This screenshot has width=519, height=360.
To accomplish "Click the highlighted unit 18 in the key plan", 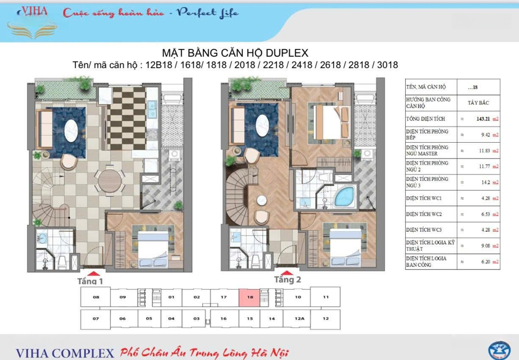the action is click(250, 298).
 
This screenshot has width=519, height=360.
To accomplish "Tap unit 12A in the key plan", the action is click(299, 319).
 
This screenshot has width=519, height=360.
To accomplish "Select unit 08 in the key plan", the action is click(96, 297).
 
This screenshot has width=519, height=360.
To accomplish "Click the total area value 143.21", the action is click(483, 119).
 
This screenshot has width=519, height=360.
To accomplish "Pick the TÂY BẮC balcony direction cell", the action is click(478, 103).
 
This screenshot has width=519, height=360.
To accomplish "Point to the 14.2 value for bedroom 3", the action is click(485, 183).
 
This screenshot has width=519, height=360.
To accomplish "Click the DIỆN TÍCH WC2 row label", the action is click(424, 214).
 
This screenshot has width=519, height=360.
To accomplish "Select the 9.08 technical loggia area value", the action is click(485, 246).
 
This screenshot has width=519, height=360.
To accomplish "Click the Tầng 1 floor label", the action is click(90, 281).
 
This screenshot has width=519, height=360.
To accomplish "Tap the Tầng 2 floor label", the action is click(287, 280).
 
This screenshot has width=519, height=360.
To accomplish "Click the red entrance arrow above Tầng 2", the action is click(287, 273).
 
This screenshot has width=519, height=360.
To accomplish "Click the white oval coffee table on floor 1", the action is click(71, 130).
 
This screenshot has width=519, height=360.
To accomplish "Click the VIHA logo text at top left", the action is click(33, 12).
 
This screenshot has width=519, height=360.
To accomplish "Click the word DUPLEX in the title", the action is click(287, 53).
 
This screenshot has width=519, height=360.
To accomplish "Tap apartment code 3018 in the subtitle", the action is click(387, 65).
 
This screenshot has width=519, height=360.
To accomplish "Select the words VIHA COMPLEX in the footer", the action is click(65, 353).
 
